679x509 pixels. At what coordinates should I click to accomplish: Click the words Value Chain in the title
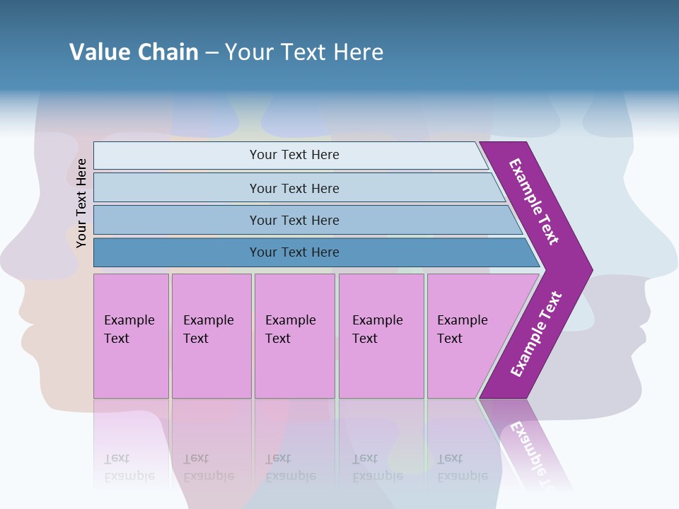tap(134, 52)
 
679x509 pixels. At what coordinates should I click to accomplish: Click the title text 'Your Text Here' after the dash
tap(304, 52)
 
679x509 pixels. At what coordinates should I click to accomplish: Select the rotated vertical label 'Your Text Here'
tap(81, 203)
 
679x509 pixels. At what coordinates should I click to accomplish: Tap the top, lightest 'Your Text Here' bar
tap(294, 155)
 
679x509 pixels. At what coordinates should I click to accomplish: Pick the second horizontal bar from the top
tap(294, 188)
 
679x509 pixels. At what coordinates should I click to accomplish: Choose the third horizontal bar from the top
tap(294, 220)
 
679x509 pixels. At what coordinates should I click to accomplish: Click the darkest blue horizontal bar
tap(294, 252)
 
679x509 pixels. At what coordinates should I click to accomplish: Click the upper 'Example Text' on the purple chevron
tap(534, 201)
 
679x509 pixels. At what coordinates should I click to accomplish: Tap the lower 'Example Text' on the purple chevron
tap(536, 334)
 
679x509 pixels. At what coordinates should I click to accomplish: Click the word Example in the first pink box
tap(129, 320)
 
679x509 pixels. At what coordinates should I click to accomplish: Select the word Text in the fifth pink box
tap(450, 339)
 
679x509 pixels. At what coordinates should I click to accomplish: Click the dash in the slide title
tap(211, 52)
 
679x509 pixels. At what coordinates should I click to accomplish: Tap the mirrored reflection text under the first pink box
tap(129, 467)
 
